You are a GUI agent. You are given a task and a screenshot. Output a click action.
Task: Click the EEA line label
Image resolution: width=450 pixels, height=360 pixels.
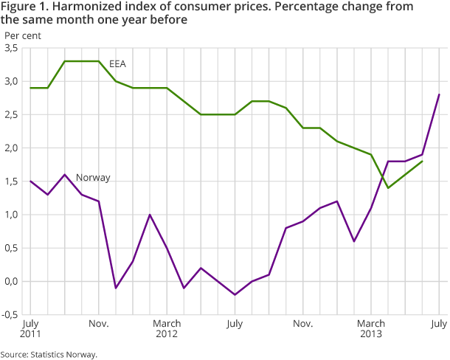117,64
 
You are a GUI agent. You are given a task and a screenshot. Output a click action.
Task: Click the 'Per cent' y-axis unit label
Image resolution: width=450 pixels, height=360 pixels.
23,34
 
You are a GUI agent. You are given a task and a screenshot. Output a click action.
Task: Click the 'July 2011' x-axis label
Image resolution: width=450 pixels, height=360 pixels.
31,329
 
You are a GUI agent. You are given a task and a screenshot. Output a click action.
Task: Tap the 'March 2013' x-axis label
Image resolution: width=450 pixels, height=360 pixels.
370,329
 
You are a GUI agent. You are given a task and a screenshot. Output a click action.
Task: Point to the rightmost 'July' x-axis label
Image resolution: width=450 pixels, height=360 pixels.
438,324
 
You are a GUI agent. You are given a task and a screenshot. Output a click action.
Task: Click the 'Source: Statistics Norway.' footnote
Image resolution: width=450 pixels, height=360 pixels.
49,354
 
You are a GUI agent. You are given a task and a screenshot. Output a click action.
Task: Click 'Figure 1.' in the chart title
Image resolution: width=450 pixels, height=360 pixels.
23,7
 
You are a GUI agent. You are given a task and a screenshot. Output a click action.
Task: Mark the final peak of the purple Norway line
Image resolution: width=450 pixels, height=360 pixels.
439,94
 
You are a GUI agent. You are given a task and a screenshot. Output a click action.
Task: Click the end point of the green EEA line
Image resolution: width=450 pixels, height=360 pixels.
422,161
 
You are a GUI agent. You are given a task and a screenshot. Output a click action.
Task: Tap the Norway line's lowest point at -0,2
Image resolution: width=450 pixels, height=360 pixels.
235,295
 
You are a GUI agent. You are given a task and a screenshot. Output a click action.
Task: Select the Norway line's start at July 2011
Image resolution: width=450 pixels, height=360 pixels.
31,181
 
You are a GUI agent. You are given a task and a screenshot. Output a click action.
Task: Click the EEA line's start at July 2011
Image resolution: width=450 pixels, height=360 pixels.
31,88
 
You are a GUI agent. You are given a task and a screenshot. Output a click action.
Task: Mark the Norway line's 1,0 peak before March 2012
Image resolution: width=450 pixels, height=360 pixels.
150,215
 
